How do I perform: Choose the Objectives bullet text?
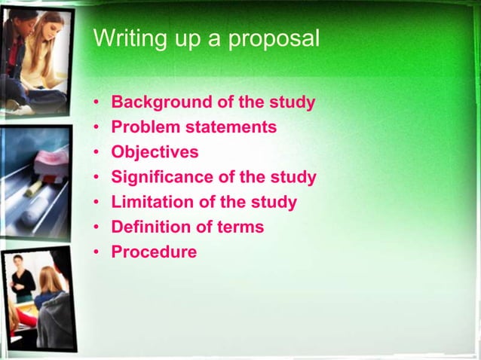155,153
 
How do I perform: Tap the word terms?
239,227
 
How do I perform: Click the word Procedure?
154,252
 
